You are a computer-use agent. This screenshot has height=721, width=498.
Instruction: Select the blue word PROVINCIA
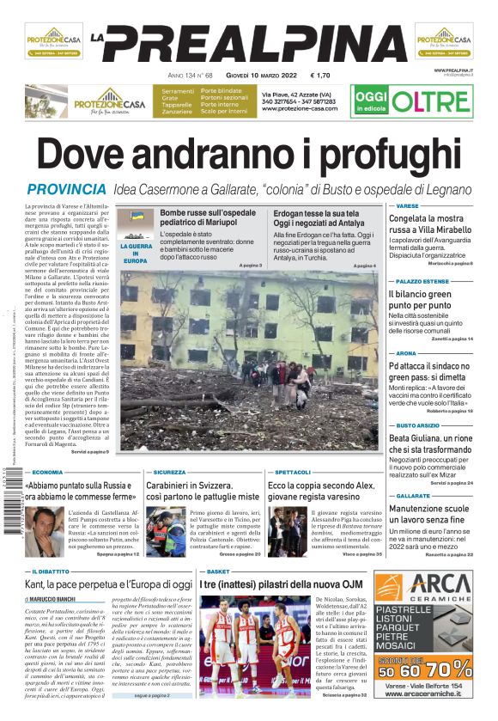(x=66, y=189)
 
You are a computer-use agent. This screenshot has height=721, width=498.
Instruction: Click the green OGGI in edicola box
(x=371, y=101)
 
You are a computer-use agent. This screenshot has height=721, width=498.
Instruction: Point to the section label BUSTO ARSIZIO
(x=418, y=425)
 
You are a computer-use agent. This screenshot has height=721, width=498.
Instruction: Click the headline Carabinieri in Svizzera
(x=203, y=491)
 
